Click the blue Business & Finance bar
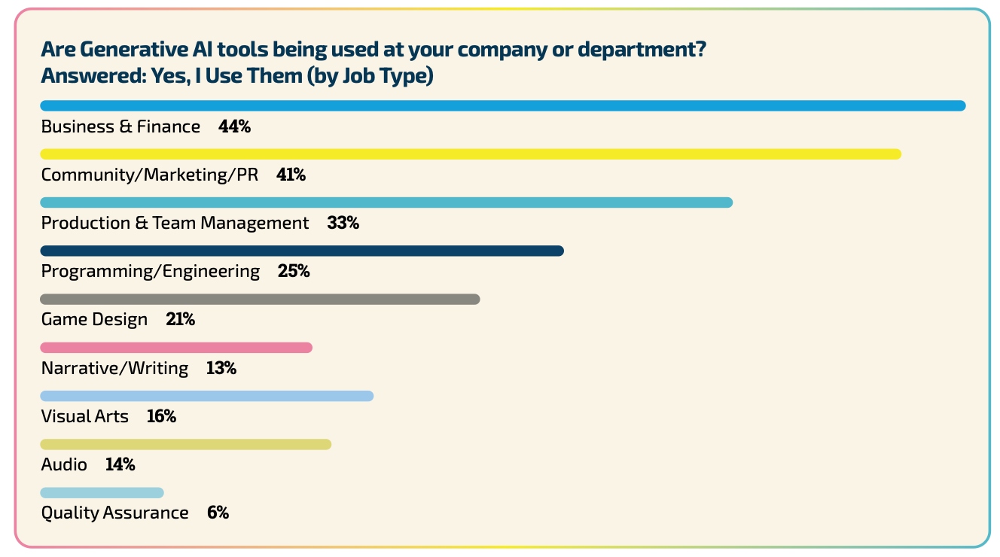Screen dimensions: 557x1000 click(502, 106)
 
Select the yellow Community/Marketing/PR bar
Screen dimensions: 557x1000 click(471, 154)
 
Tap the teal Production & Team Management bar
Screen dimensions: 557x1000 click(386, 202)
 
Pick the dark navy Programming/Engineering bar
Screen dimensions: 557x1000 click(302, 251)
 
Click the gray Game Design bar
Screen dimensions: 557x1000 click(260, 300)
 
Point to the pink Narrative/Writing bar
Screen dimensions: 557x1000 click(176, 348)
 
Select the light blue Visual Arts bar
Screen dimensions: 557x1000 click(207, 396)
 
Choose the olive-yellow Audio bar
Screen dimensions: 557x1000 click(186, 444)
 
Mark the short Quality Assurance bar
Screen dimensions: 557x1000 click(102, 493)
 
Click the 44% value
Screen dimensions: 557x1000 click(234, 126)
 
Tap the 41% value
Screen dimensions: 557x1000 click(291, 175)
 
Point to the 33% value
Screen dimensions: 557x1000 click(343, 223)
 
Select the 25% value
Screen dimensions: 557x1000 click(294, 271)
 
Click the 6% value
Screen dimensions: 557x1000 click(218, 513)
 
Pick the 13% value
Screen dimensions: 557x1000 click(221, 368)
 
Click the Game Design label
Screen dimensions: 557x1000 click(94, 320)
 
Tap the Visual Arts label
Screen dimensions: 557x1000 click(84, 416)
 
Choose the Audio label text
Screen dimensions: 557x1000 click(64, 465)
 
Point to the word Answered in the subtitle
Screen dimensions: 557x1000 click(85, 77)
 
